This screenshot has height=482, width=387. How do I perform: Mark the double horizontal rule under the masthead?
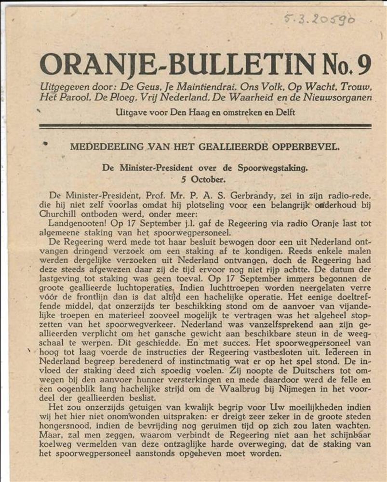pyautogui.click(x=205, y=126)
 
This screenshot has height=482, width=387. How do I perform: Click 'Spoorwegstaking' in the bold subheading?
pyautogui.click(x=273, y=168)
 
